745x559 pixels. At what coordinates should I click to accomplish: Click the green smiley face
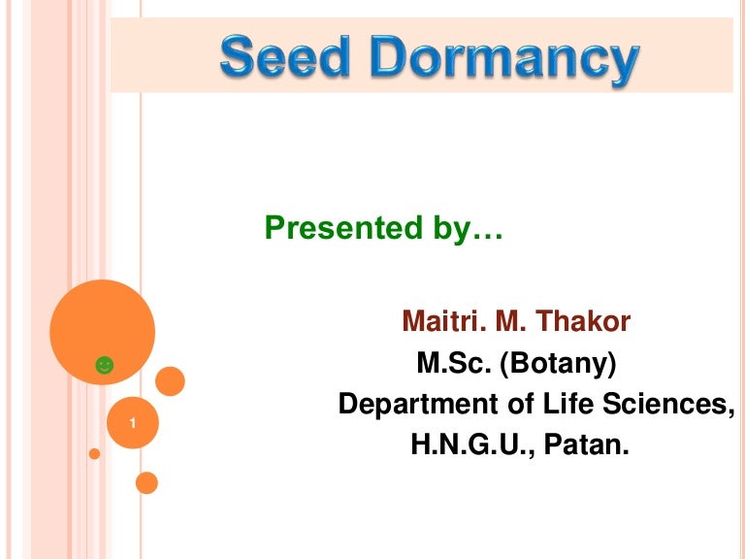[104, 365]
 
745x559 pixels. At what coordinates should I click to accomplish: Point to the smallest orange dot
[94, 453]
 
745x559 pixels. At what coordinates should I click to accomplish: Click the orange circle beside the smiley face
[170, 380]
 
